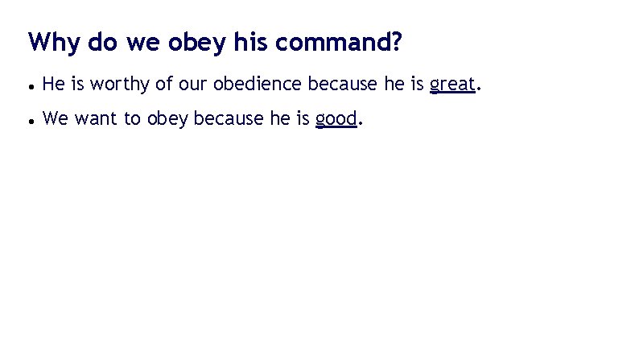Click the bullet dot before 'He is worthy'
pos(29,84)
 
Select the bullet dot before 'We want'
pos(29,121)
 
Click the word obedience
pos(258,83)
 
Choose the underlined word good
pos(336,120)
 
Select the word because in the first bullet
pos(344,83)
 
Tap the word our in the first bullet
pos(194,83)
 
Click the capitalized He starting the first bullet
pos(52,83)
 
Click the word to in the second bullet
pos(131,120)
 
